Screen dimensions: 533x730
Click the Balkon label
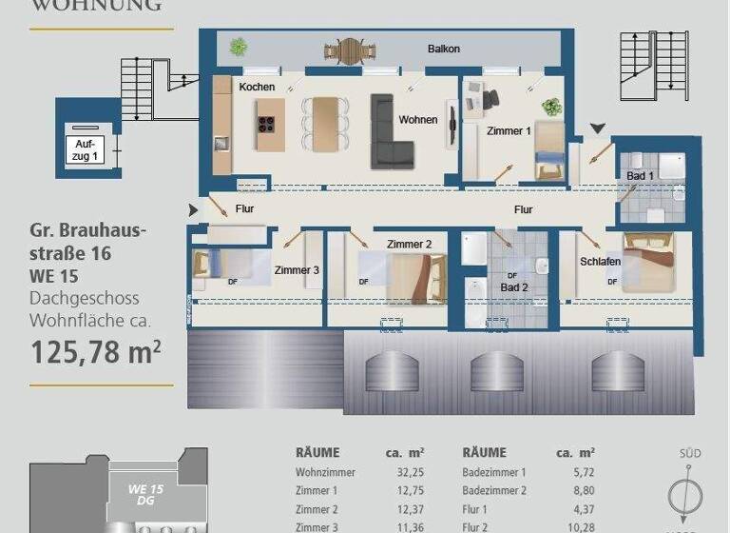click(x=444, y=49)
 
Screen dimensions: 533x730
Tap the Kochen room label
click(x=257, y=87)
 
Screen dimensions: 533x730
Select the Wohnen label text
click(x=418, y=120)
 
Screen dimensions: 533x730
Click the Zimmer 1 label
click(x=509, y=131)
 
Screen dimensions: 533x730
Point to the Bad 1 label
click(x=640, y=176)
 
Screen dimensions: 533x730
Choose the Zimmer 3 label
click(x=297, y=270)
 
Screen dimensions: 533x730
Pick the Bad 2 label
click(x=514, y=287)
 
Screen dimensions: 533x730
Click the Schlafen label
click(x=600, y=262)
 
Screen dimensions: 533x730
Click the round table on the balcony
click(x=351, y=49)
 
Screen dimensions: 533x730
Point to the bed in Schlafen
click(x=648, y=261)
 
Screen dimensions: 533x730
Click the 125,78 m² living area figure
click(x=96, y=353)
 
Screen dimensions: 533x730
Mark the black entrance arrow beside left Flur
click(x=194, y=209)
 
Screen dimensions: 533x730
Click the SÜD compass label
click(x=691, y=453)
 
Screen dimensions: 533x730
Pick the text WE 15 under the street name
click(x=54, y=277)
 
